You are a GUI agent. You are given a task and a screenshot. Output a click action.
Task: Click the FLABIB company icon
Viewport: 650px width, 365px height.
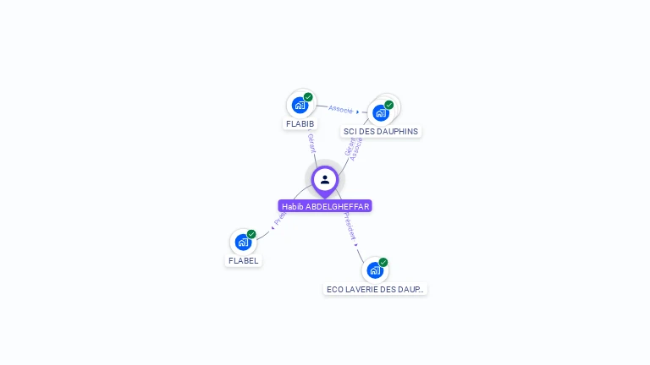tap(300, 105)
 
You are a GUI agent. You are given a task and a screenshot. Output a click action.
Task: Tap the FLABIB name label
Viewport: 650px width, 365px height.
tap(300, 124)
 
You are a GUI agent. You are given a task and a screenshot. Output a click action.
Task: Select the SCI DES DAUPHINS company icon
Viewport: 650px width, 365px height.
tap(381, 112)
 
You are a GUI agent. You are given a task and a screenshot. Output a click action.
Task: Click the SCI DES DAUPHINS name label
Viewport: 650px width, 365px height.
tap(381, 132)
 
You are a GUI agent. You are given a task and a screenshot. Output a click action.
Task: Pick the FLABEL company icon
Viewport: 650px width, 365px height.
tap(243, 242)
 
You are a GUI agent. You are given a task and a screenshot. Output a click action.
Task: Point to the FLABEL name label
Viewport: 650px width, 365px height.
tap(243, 261)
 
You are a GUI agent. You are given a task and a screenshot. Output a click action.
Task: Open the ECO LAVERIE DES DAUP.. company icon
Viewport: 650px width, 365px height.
tap(374, 270)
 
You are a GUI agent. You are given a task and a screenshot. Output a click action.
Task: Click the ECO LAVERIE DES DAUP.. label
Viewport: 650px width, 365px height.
tap(375, 289)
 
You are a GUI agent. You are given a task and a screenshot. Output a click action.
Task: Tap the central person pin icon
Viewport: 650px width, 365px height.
tap(325, 179)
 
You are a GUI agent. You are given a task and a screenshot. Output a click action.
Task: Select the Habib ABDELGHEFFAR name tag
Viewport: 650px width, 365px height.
tap(325, 206)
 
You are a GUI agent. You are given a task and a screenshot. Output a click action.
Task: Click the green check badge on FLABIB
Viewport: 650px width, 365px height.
tap(308, 97)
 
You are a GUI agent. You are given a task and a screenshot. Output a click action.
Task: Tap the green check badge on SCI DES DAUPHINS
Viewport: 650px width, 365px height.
tap(389, 105)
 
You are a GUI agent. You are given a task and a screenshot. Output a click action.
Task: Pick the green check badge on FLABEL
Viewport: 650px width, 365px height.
tap(251, 234)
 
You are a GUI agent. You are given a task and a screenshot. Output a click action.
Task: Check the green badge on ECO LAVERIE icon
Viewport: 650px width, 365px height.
tap(383, 262)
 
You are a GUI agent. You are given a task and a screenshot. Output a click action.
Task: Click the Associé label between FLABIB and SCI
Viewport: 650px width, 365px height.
tap(340, 109)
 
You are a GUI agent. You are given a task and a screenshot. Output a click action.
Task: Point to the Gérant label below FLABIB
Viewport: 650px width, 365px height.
tap(311, 143)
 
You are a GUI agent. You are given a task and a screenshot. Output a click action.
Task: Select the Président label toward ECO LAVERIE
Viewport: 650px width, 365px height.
tap(350, 227)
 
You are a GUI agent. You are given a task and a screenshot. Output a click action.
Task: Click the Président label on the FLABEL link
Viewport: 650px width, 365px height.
tap(279, 218)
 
